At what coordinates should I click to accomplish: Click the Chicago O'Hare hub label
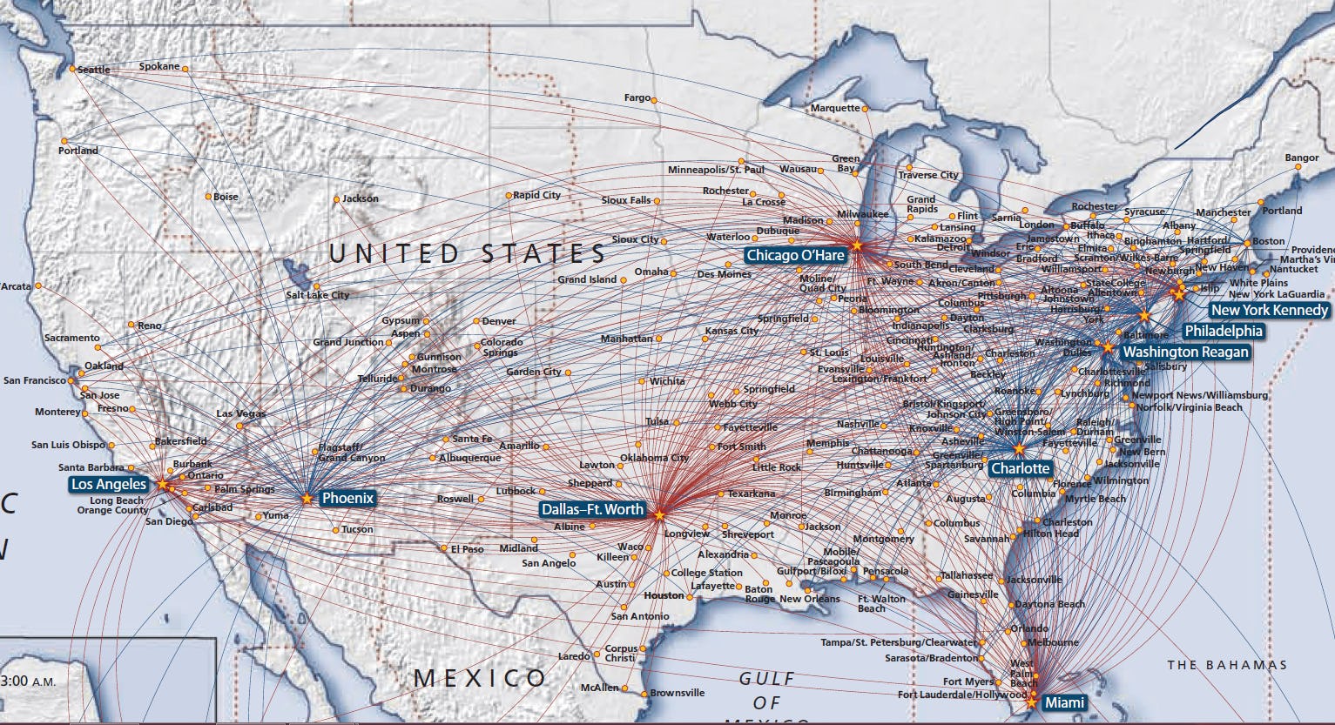795,255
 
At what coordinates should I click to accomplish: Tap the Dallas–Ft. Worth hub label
592,510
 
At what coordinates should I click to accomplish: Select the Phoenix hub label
347,499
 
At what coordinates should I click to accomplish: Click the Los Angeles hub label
109,484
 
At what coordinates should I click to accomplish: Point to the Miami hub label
1064,702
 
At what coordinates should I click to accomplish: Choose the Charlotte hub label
1021,468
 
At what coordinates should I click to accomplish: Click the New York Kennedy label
1270,310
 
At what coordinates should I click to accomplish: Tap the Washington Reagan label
1185,352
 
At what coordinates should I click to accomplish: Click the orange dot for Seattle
72,68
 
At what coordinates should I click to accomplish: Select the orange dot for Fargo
654,100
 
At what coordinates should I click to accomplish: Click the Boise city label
226,197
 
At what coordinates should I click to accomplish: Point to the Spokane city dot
185,68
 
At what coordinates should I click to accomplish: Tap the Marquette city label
835,108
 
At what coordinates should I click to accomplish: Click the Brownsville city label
678,693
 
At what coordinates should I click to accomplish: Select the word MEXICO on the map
480,678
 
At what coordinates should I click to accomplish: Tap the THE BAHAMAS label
1227,665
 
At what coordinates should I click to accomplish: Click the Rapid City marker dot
509,196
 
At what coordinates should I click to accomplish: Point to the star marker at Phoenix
307,499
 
